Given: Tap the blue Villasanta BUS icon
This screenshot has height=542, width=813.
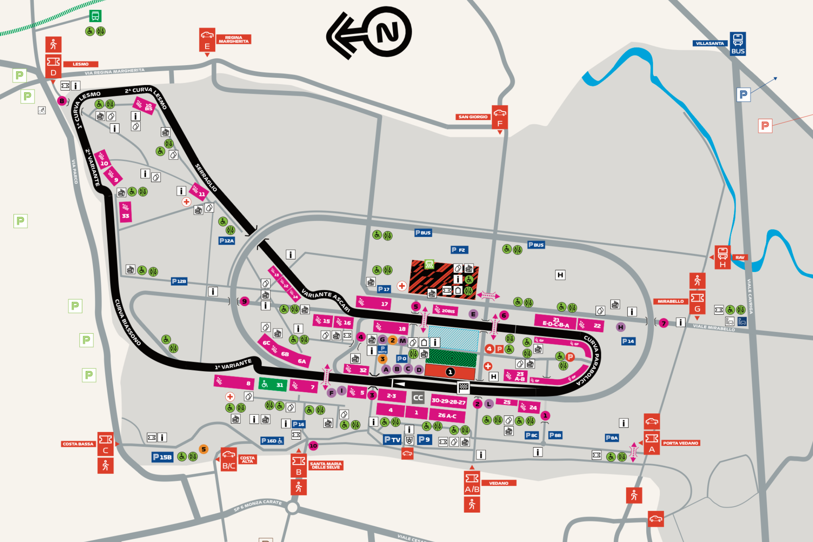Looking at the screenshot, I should [738, 44].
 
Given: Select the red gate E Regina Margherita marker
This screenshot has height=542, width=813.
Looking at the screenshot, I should [207, 40].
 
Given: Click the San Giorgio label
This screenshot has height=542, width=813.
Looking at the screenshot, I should [473, 117].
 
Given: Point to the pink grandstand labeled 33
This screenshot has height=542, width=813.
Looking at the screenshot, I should [125, 212].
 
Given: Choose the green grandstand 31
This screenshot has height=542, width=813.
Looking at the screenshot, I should [273, 384].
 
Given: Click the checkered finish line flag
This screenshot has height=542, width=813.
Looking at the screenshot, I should [463, 387].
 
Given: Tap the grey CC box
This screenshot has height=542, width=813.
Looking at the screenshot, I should [418, 397].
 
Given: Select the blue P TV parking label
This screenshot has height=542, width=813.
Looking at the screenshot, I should [392, 440].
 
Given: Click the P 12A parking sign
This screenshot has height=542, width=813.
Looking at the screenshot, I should [227, 241].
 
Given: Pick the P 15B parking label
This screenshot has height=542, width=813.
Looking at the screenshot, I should [162, 457].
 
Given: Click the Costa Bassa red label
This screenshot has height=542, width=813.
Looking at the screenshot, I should [78, 444].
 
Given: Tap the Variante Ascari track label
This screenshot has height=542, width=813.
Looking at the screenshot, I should [326, 300].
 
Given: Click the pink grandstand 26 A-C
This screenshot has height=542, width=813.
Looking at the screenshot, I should [447, 415].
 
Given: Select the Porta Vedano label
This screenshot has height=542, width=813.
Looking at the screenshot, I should [680, 443].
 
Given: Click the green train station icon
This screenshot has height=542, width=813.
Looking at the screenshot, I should [95, 16].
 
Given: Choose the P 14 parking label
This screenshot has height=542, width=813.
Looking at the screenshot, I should [628, 341].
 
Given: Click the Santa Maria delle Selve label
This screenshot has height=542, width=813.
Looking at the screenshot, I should [326, 465].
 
